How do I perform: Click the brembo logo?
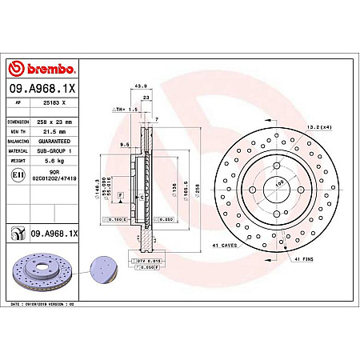[x=42, y=69]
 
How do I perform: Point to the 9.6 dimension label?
[x=125, y=145]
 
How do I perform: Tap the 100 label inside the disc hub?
[x=280, y=183]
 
